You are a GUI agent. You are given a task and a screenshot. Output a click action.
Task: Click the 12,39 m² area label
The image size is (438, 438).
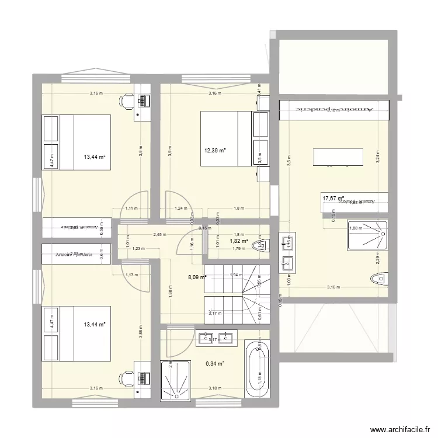[214, 151]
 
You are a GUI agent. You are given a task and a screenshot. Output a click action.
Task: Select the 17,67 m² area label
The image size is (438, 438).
[333, 199]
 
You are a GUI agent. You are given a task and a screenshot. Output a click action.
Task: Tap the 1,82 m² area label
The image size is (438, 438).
[238, 241]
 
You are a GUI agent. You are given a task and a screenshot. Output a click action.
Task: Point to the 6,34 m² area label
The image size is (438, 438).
[214, 364]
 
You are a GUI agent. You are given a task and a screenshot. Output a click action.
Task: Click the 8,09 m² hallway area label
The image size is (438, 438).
[196, 278]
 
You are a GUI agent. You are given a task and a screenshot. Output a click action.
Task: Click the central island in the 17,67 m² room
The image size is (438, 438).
[338, 157]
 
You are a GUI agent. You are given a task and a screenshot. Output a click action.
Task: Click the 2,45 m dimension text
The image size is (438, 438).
[160, 235]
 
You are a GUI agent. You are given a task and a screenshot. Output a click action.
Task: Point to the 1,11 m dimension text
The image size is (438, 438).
[132, 208]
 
